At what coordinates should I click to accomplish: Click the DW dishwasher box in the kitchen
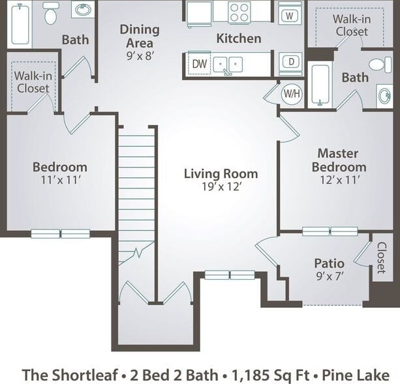tap(198, 64)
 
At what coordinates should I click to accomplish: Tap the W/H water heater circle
tap(291, 93)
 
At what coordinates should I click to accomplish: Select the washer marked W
tap(290, 13)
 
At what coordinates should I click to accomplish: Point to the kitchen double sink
tap(227, 64)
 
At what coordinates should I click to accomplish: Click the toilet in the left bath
tap(51, 13)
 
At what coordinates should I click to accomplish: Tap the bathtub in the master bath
tap(320, 85)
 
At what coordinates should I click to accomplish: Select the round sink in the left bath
tap(82, 10)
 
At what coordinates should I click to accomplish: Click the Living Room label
tap(221, 173)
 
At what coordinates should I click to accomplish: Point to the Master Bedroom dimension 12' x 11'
tap(338, 181)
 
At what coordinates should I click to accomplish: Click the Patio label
tap(329, 263)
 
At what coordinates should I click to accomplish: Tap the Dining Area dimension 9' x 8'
tap(139, 56)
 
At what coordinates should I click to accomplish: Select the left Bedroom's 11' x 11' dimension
tap(59, 181)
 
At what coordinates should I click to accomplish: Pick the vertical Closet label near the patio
tap(381, 258)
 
